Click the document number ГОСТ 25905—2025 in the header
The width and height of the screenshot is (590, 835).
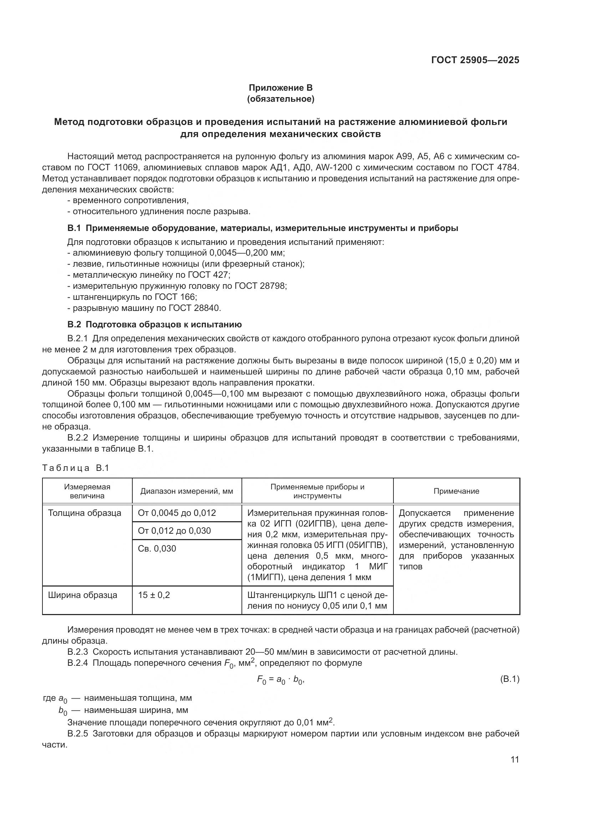pyautogui.click(x=475, y=60)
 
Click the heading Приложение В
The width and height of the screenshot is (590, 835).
pyautogui.click(x=280, y=88)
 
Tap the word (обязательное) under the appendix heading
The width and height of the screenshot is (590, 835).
pyautogui.click(x=280, y=99)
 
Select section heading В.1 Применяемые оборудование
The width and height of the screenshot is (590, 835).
pyautogui.click(x=262, y=228)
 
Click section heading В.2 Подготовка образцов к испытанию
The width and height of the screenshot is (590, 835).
pyautogui.click(x=154, y=324)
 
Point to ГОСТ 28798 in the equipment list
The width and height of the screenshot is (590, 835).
pyautogui.click(x=260, y=286)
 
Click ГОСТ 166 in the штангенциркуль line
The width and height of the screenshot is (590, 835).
pyautogui.click(x=175, y=297)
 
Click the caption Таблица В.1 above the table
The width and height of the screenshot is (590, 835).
pyautogui.click(x=76, y=468)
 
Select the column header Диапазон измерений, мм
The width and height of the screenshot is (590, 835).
pyautogui.click(x=187, y=491)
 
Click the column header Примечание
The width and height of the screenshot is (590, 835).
pyautogui.click(x=456, y=491)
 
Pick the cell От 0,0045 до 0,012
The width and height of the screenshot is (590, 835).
pyautogui.click(x=177, y=513)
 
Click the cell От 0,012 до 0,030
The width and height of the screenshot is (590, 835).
pyautogui.click(x=174, y=530)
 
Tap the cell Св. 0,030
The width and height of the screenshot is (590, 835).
pyautogui.click(x=157, y=548)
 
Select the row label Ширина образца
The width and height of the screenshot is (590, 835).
pyautogui.click(x=82, y=595)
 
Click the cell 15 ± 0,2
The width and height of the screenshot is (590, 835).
pyautogui.click(x=154, y=595)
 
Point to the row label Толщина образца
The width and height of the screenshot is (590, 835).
pyautogui.click(x=85, y=513)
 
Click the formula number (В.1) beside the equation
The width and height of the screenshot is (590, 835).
pyautogui.click(x=510, y=679)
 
